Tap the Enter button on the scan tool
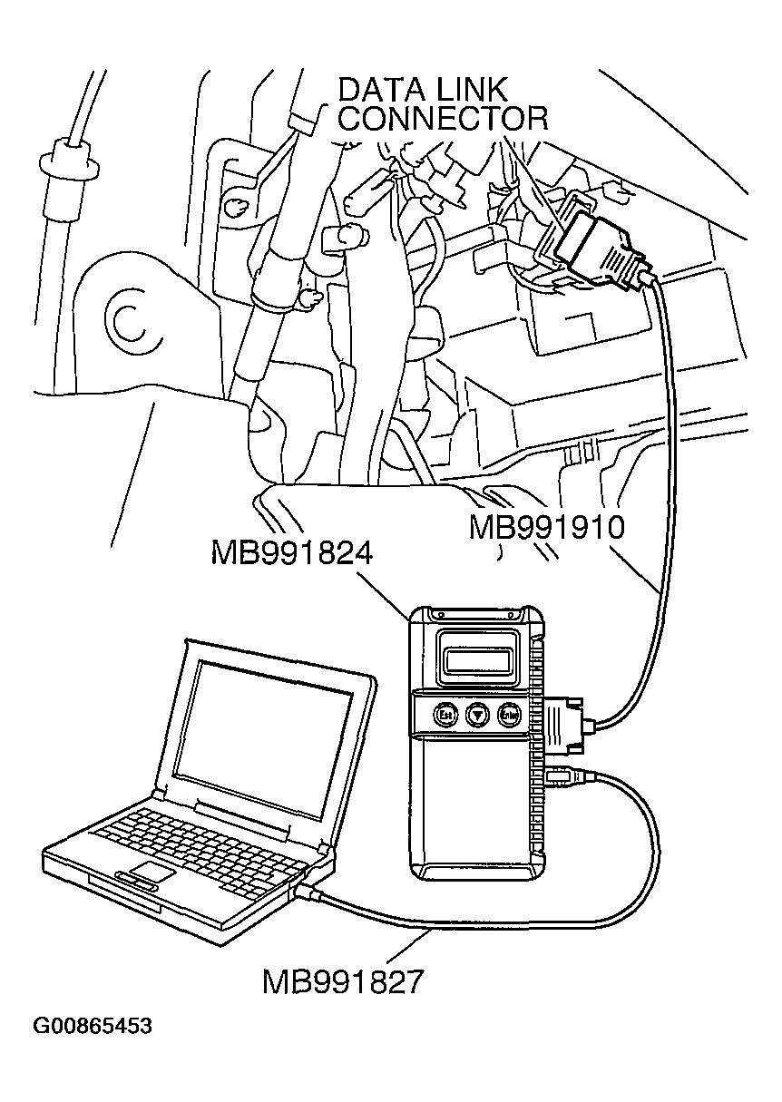[508, 715]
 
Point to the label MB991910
[547, 528]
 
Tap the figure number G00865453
[93, 1027]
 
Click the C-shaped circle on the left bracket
[127, 317]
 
